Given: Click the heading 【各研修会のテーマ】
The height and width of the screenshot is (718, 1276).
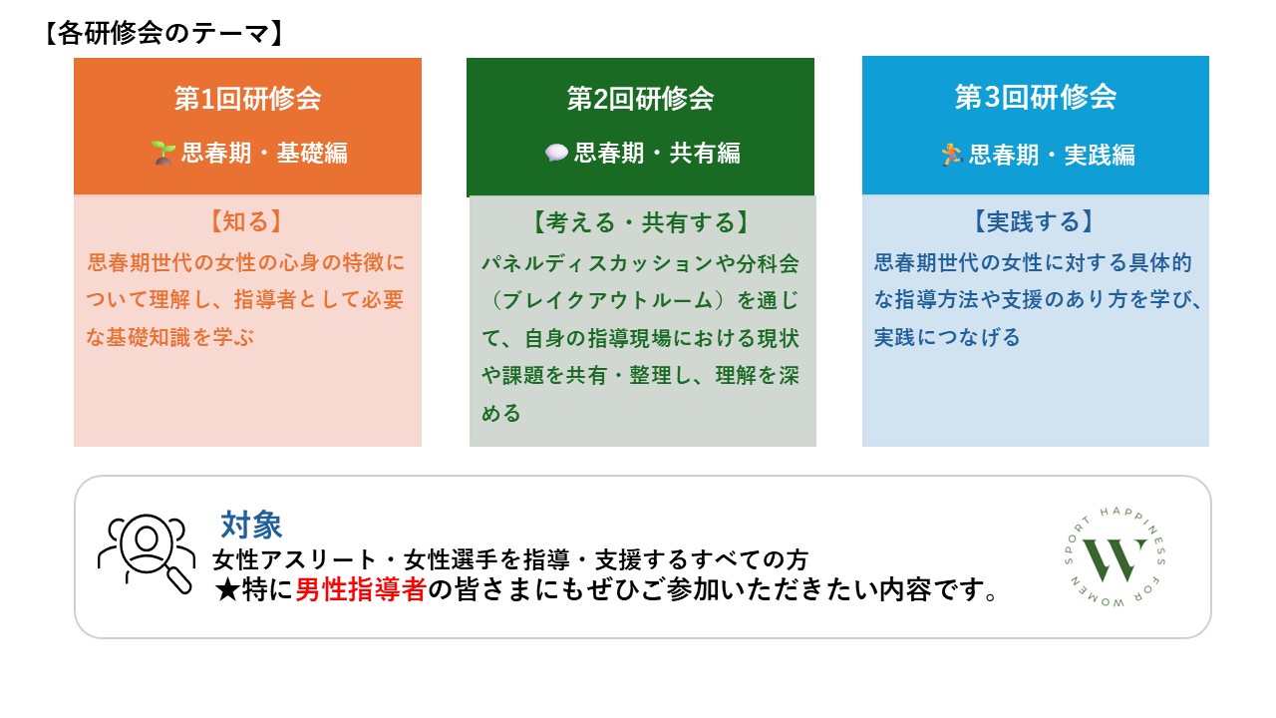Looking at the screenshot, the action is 163,33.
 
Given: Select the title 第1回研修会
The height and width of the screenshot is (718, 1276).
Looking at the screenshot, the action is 248,98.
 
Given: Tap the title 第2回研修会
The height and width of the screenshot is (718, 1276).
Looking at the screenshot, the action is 640,98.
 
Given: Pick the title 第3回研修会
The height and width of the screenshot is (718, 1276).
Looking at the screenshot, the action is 1036,97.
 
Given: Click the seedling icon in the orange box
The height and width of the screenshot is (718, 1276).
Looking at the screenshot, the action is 162,153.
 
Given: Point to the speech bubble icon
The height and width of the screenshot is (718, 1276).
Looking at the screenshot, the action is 556,153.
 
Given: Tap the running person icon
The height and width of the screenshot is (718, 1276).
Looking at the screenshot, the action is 951,155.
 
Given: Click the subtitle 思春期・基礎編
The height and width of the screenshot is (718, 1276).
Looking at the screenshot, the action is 264,154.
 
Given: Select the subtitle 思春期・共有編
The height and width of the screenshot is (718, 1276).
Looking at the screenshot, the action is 657,154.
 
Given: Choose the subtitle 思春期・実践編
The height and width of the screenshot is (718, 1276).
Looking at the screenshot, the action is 1052,155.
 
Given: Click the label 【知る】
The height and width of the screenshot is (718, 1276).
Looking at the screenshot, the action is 246,221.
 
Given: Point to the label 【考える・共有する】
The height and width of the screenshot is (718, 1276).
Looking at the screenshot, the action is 640,222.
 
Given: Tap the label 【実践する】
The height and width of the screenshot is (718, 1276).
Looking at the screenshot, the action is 1034,221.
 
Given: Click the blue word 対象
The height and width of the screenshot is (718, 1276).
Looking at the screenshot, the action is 251,525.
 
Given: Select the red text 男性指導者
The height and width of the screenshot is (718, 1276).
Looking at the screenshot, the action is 361,589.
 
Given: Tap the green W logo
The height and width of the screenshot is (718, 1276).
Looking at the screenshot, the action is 1115,557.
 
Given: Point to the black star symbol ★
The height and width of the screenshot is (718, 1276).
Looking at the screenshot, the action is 227,590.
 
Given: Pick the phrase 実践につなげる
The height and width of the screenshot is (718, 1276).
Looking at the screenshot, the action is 947,337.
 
